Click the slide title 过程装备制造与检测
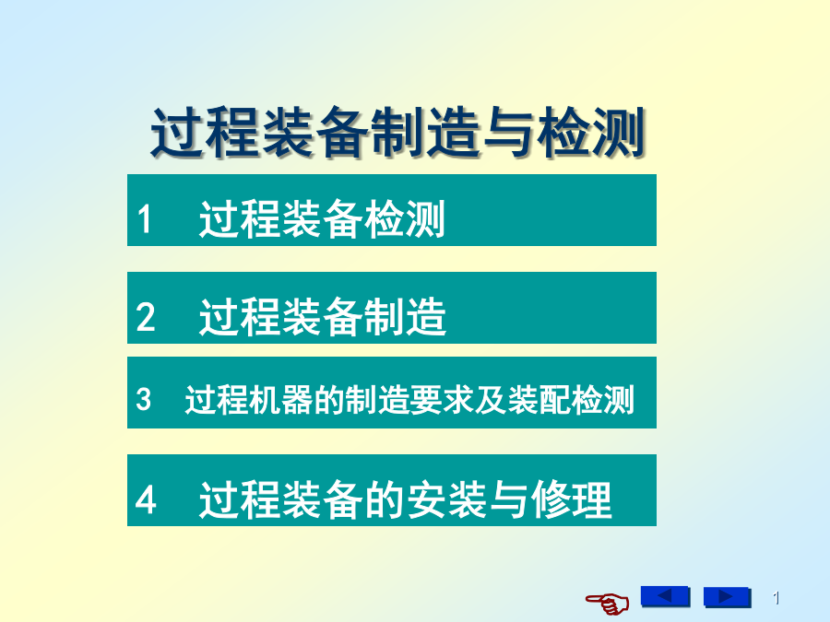coord(397,132)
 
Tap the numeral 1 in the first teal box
coord(144,219)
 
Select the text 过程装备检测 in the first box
coord(322,218)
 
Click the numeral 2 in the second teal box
coord(145,317)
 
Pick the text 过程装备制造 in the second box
coord(323,316)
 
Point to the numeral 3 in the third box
coord(144,399)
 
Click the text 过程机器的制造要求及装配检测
coord(409,399)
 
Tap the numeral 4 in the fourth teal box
coord(146,499)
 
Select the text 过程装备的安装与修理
coord(406,499)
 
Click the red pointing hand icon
coord(608,603)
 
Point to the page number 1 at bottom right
coord(776,598)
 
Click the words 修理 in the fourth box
coord(572,499)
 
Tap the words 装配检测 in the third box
coord(571,399)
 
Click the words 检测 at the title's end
coord(591,132)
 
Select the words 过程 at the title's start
coord(205,132)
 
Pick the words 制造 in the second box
coord(406,316)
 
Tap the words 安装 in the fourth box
coord(446,499)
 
